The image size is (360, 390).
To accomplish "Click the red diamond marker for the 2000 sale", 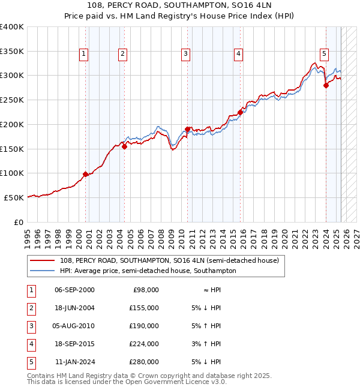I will coord(85,174).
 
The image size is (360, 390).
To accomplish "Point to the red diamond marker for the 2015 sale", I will coord(240,112).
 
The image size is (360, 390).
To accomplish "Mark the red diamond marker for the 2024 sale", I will coord(326,85).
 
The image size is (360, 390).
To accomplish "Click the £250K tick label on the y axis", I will coord(12,100).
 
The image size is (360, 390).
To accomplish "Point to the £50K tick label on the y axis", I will coord(14,197).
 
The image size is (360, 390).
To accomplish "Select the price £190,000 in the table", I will coord(145,326).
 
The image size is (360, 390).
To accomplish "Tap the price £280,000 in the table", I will coord(145,362).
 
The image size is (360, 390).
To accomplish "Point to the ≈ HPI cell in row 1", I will coord(210,290).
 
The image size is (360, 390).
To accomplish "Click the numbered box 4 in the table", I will coord(30,344).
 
